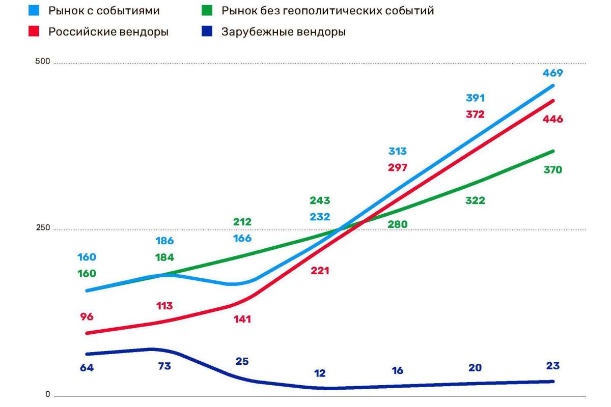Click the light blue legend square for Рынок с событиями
tap(35, 11)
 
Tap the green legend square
tap(208, 11)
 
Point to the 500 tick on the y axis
tap(42, 62)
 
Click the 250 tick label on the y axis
tap(42, 228)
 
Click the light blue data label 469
tap(552, 73)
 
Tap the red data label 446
tap(552, 119)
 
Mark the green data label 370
tap(552, 169)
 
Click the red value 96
tap(87, 316)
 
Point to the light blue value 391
tap(475, 98)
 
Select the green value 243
tap(320, 200)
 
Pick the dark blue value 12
tap(320, 373)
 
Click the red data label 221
tap(320, 271)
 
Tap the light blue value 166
tap(242, 238)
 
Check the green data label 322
tap(475, 200)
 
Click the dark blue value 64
tap(87, 367)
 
